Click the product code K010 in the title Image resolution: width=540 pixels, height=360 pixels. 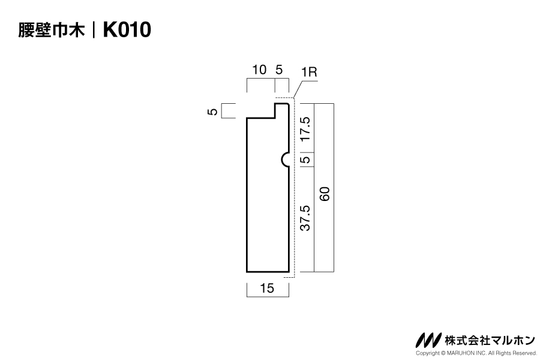click(x=127, y=29)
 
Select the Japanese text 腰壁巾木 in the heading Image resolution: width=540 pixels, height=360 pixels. click(x=52, y=30)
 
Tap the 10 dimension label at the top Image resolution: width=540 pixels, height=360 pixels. click(x=259, y=70)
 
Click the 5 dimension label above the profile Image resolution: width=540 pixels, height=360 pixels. click(x=279, y=70)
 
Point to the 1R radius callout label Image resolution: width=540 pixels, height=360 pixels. click(x=309, y=72)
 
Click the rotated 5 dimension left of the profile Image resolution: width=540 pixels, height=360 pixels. click(x=213, y=111)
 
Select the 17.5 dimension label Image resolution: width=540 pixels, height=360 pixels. click(x=305, y=128)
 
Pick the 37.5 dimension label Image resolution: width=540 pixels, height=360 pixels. click(x=305, y=218)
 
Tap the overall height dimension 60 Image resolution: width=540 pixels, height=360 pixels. click(x=325, y=194)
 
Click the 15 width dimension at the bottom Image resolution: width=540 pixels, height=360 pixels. click(x=267, y=288)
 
